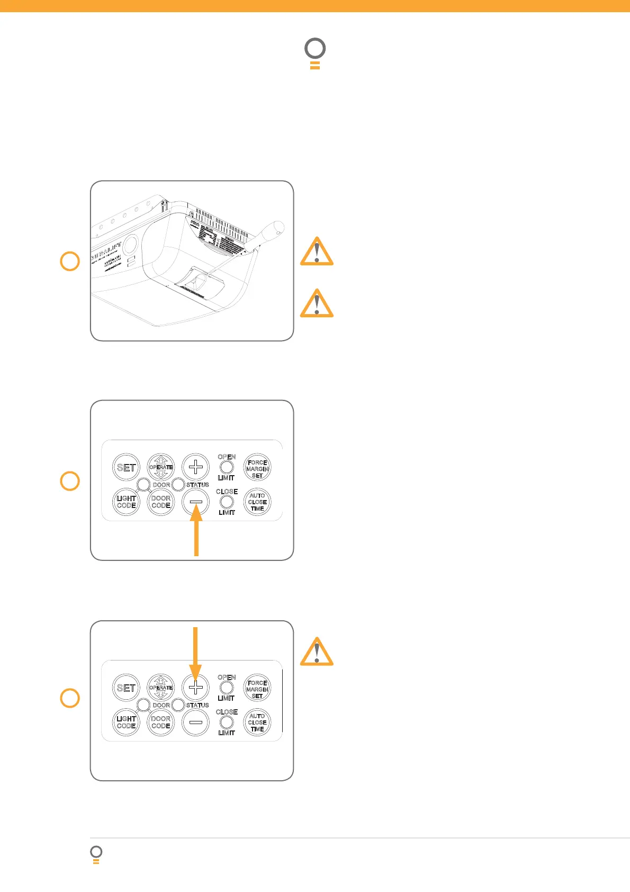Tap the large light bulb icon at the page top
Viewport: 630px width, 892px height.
pyautogui.click(x=315, y=53)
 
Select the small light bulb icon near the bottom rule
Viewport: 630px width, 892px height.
pyautogui.click(x=96, y=854)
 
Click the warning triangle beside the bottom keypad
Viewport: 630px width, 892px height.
pyautogui.click(x=317, y=652)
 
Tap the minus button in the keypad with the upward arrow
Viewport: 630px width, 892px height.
pyautogui.click(x=196, y=502)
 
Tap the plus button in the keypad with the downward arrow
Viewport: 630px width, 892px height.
pyautogui.click(x=196, y=688)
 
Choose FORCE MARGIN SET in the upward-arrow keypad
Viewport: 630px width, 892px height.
pyautogui.click(x=257, y=468)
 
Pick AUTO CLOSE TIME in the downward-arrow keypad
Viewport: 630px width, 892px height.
pyautogui.click(x=257, y=722)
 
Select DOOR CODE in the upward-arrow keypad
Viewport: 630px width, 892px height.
pyautogui.click(x=161, y=502)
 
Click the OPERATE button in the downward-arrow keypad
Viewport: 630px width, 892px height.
pyautogui.click(x=161, y=688)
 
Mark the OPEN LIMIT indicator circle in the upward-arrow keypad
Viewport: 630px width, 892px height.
pyautogui.click(x=227, y=467)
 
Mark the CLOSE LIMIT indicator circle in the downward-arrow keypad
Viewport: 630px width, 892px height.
pyautogui.click(x=227, y=722)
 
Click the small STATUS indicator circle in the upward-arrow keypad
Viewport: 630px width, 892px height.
pyautogui.click(x=178, y=484)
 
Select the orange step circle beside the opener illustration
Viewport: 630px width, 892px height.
pyautogui.click(x=70, y=261)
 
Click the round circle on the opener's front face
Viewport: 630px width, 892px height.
pyautogui.click(x=129, y=244)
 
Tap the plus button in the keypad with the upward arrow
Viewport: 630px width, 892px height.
pyautogui.click(x=196, y=467)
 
